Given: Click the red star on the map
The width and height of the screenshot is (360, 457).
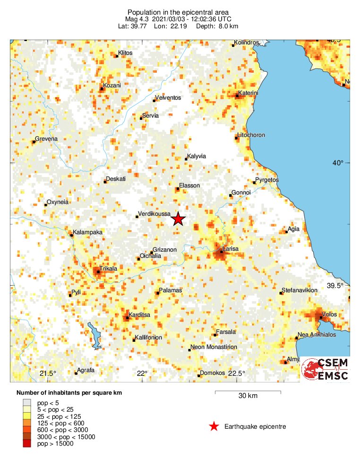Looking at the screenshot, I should pos(178,219).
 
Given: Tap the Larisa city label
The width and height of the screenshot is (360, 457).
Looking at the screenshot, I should pos(231,249).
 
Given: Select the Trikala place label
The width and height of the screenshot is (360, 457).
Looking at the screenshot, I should pos(108,268).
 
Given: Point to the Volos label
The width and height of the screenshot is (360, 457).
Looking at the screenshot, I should pos(329,314).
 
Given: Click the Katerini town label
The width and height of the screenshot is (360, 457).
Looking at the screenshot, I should pos(249,93).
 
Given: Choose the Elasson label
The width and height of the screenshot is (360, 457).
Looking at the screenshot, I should pos(189,186).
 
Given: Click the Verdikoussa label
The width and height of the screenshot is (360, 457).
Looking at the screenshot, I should pos(154,214).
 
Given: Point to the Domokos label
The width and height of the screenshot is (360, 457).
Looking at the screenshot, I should pos(213,373).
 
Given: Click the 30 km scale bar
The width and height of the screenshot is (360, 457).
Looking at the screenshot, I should pos(249,392).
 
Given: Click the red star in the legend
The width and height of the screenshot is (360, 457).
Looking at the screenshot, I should pos(214,427).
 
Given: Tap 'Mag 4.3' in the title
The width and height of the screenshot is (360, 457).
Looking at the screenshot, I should pos(137,19).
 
